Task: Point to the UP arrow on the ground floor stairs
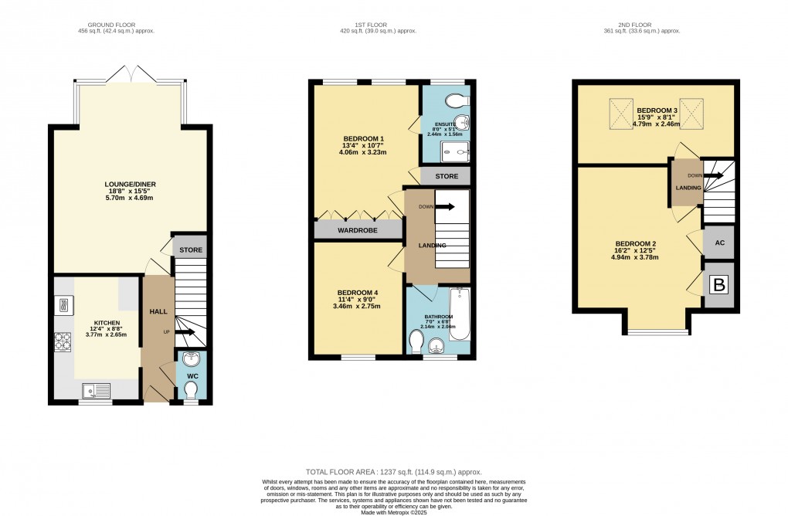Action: tap(185, 332)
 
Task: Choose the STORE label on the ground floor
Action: tap(190, 250)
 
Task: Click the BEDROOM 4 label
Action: tap(358, 292)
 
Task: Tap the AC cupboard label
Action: tap(718, 243)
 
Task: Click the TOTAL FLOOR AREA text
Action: tap(394, 471)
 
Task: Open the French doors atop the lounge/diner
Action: tap(131, 76)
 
